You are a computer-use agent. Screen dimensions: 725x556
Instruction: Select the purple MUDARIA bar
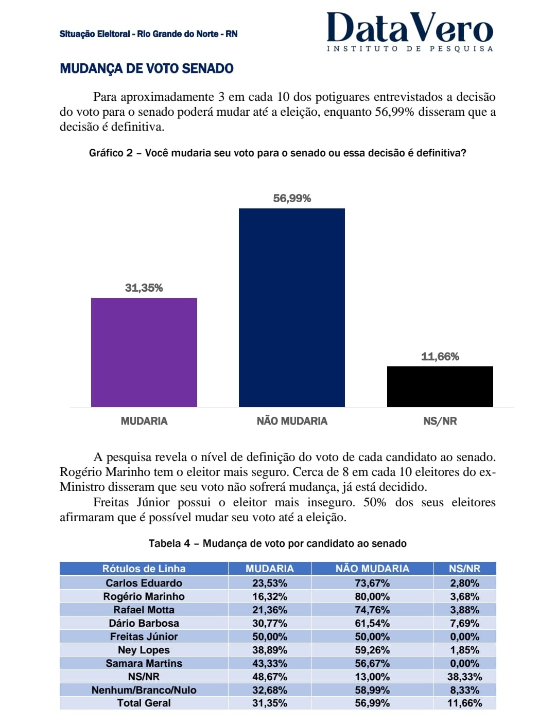(144, 352)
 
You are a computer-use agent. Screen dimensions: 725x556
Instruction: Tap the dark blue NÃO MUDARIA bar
(292, 308)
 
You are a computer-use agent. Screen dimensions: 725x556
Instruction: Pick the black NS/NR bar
(440, 386)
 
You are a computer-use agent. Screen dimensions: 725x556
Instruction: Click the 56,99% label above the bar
(292, 199)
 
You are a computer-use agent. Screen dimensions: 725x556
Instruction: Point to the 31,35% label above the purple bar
(144, 288)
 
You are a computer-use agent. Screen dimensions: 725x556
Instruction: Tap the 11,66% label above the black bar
(440, 357)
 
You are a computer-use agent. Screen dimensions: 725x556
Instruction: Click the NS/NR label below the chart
(440, 421)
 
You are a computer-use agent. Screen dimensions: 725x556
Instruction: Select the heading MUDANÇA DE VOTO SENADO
(147, 68)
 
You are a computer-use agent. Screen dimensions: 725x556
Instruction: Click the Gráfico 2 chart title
(277, 153)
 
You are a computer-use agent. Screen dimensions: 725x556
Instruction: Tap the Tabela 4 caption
(277, 543)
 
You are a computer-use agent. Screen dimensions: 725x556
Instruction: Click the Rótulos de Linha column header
(144, 569)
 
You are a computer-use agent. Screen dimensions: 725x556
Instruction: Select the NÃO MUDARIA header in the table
(372, 569)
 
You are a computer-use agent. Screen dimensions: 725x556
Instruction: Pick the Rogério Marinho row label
(144, 596)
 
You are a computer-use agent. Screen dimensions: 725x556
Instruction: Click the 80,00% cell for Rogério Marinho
(372, 596)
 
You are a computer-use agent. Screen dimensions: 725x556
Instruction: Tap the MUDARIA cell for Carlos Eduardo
(270, 583)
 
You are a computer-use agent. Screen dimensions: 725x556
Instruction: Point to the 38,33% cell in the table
(464, 677)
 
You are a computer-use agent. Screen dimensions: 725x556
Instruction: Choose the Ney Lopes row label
(144, 650)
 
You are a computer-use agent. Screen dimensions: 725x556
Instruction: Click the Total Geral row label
(144, 703)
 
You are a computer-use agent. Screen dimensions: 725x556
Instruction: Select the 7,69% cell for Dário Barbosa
(464, 623)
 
